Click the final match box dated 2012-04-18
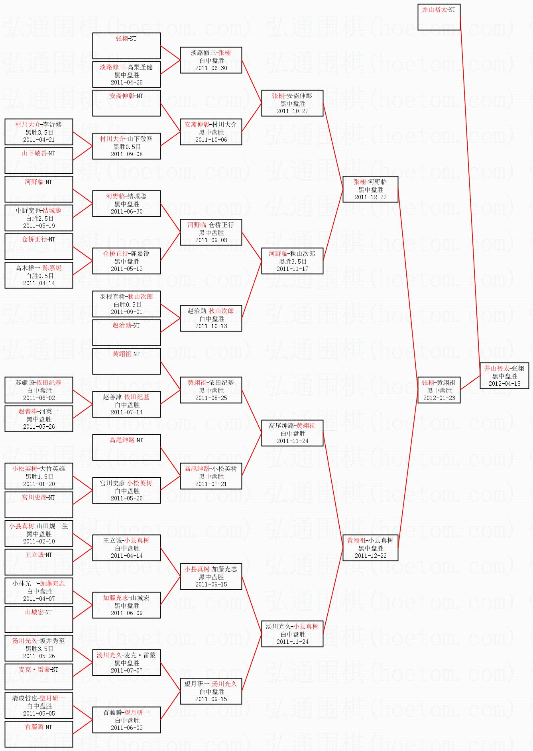pos(504,376)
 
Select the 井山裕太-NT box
pos(439,17)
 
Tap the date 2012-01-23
pos(439,398)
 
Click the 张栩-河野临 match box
pos(370,189)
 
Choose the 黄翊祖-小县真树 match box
pos(370,548)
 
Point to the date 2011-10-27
pos(292,111)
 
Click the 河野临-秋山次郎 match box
pos(292,261)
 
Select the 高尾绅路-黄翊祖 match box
pos(292,433)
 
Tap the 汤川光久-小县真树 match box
pos(292,634)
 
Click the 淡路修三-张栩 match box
pos(211,60)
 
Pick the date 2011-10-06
pos(211,140)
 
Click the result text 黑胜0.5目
pos(127,147)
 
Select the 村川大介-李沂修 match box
pos(39,132)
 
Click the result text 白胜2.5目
pos(39,218)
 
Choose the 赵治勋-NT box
pos(126,332)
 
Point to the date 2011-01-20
pos(39,484)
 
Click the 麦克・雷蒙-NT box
pos(39,676)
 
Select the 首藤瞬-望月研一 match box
pos(126,720)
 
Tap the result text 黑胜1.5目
pos(39,476)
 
